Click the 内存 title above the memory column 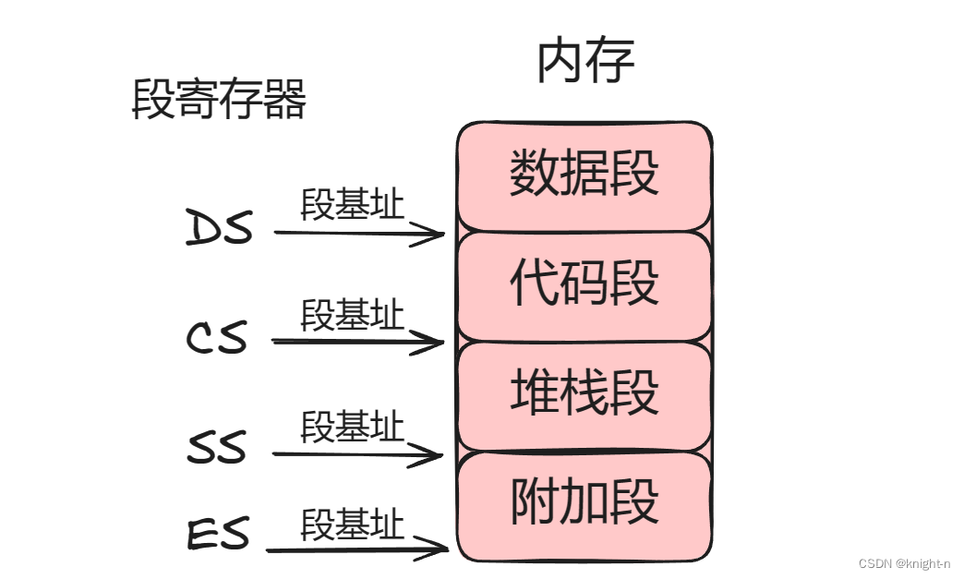pyautogui.click(x=585, y=62)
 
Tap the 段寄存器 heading pyautogui.click(x=220, y=100)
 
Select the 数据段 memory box pyautogui.click(x=584, y=175)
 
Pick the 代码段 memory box pyautogui.click(x=584, y=283)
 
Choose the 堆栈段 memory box pyautogui.click(x=584, y=392)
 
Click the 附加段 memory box pyautogui.click(x=584, y=503)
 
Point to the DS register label pyautogui.click(x=220, y=228)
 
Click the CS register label pyautogui.click(x=218, y=338)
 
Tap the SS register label pyautogui.click(x=218, y=449)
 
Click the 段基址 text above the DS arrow pyautogui.click(x=353, y=205)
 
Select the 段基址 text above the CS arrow pyautogui.click(x=353, y=316)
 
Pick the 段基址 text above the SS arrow pyautogui.click(x=353, y=427)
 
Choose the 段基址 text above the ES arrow pyautogui.click(x=353, y=525)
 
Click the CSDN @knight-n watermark pyautogui.click(x=904, y=563)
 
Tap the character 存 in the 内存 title pyautogui.click(x=610, y=62)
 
